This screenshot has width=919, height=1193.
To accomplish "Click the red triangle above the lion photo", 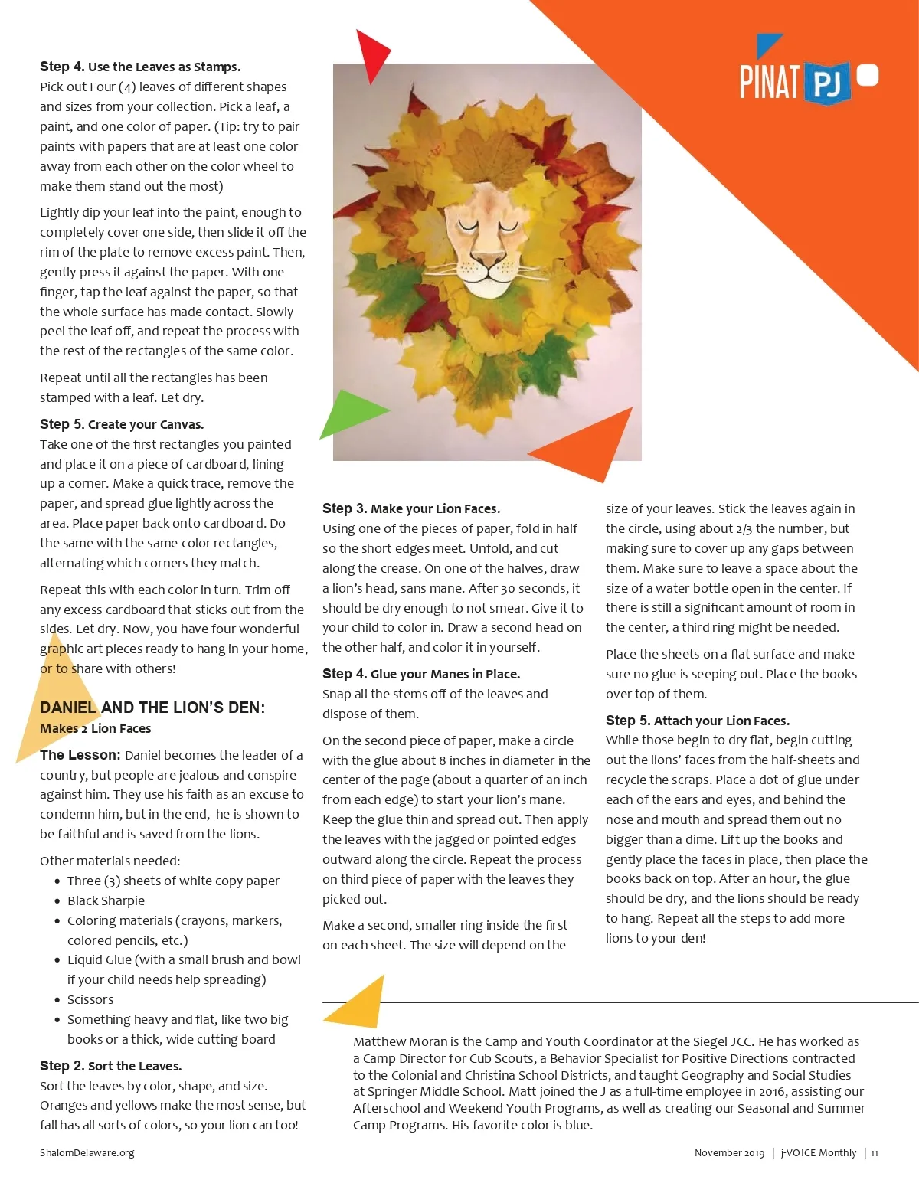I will (x=371, y=54).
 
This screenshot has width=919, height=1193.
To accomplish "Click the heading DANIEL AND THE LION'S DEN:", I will (x=152, y=708).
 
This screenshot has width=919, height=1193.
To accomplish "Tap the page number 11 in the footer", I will (x=874, y=1153).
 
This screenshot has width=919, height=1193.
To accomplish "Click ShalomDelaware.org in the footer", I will (x=87, y=1153).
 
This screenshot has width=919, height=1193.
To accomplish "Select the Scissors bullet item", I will (x=90, y=999).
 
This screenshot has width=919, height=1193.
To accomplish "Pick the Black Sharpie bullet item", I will (x=106, y=900).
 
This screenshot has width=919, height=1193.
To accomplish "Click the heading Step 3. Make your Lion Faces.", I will (x=411, y=508).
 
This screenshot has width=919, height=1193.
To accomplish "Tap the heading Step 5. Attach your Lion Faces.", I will (x=697, y=721).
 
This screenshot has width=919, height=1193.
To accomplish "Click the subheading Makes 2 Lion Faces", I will (x=96, y=728).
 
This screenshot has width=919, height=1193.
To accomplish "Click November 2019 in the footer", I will (x=729, y=1153).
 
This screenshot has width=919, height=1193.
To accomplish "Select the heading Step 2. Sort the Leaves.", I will (x=111, y=1066).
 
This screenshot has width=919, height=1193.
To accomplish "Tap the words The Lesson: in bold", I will (x=80, y=755).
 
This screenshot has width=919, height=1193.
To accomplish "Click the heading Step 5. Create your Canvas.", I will (x=122, y=424).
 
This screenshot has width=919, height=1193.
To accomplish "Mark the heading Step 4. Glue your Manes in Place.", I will (x=421, y=674).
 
